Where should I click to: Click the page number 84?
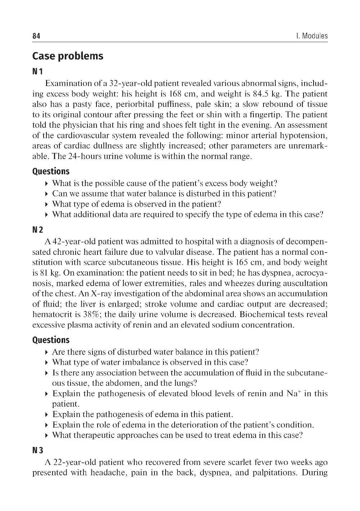coord(36,36)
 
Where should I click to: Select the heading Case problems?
coord(68,56)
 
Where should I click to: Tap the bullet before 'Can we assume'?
coord(48,194)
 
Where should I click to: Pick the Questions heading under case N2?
coord(51,340)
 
